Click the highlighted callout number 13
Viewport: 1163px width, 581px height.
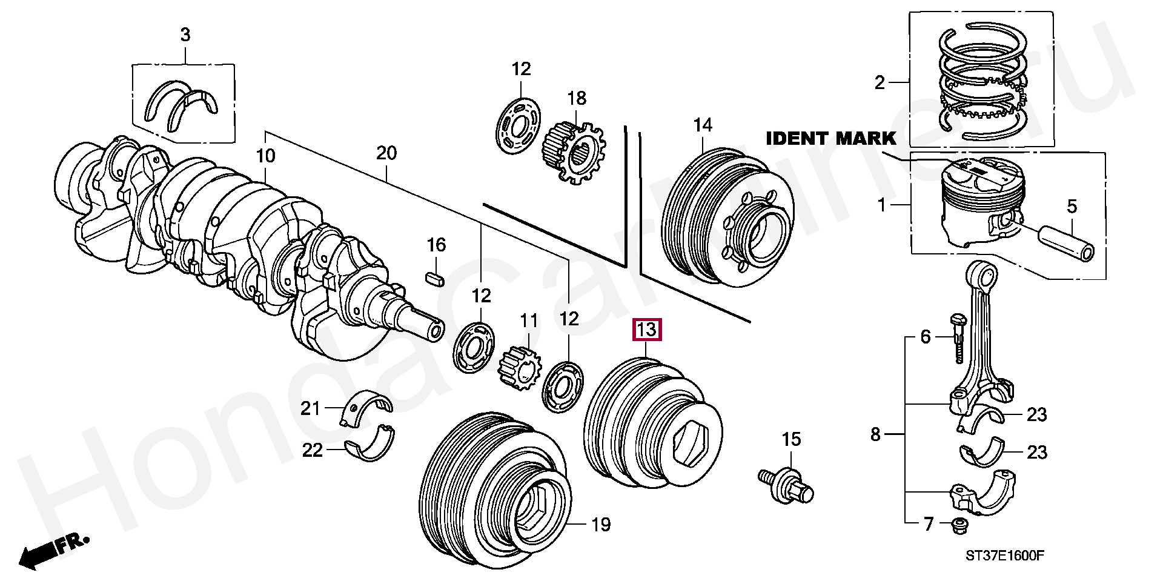(x=646, y=330)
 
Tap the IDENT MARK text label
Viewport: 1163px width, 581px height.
(x=830, y=139)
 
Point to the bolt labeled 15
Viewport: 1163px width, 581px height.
(x=787, y=483)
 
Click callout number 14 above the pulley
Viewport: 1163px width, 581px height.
(x=703, y=125)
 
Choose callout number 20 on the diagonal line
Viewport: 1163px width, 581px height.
(x=386, y=153)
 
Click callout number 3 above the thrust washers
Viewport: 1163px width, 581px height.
(x=185, y=35)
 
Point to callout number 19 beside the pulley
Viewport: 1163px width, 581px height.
(x=600, y=525)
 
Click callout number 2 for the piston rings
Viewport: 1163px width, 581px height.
(x=880, y=82)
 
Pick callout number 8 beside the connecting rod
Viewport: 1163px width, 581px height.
(x=875, y=434)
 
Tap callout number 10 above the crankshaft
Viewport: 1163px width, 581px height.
(x=265, y=156)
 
